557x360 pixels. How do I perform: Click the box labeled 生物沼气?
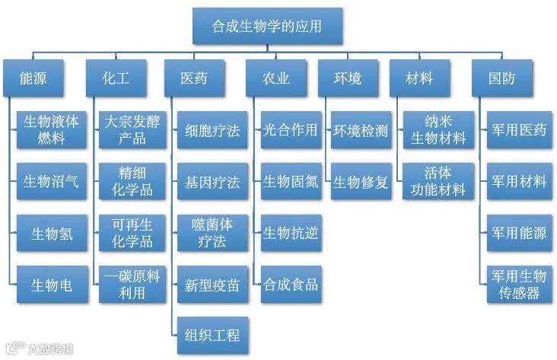coord(51,182)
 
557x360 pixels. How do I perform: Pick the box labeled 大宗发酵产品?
coord(131,130)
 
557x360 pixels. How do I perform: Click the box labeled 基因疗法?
coord(212,183)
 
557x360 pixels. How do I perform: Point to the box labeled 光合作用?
coord(290,130)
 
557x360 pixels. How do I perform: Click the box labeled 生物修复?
coord(361,182)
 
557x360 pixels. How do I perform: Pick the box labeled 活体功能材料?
coord(438,182)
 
